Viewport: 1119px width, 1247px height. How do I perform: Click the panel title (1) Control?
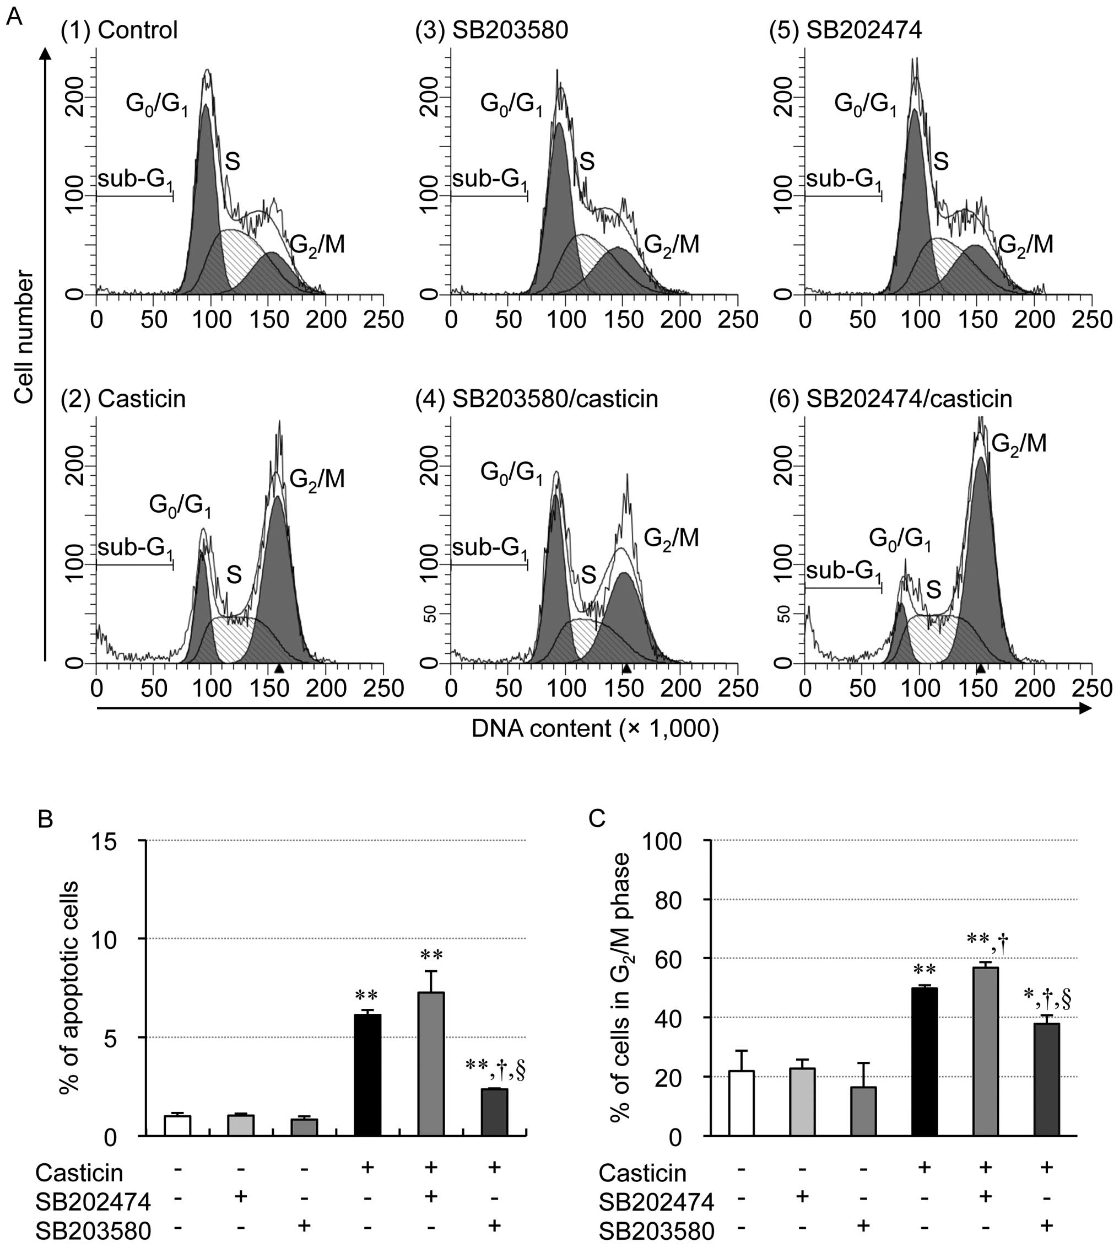tap(118, 30)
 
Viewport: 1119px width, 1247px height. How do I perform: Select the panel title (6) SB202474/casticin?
tap(890, 399)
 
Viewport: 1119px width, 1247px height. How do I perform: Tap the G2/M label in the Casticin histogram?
tap(317, 479)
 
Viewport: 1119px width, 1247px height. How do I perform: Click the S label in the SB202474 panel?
tap(940, 162)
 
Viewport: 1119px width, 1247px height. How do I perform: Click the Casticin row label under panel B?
tap(79, 1173)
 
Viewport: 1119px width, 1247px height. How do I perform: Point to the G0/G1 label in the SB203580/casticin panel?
tap(511, 474)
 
